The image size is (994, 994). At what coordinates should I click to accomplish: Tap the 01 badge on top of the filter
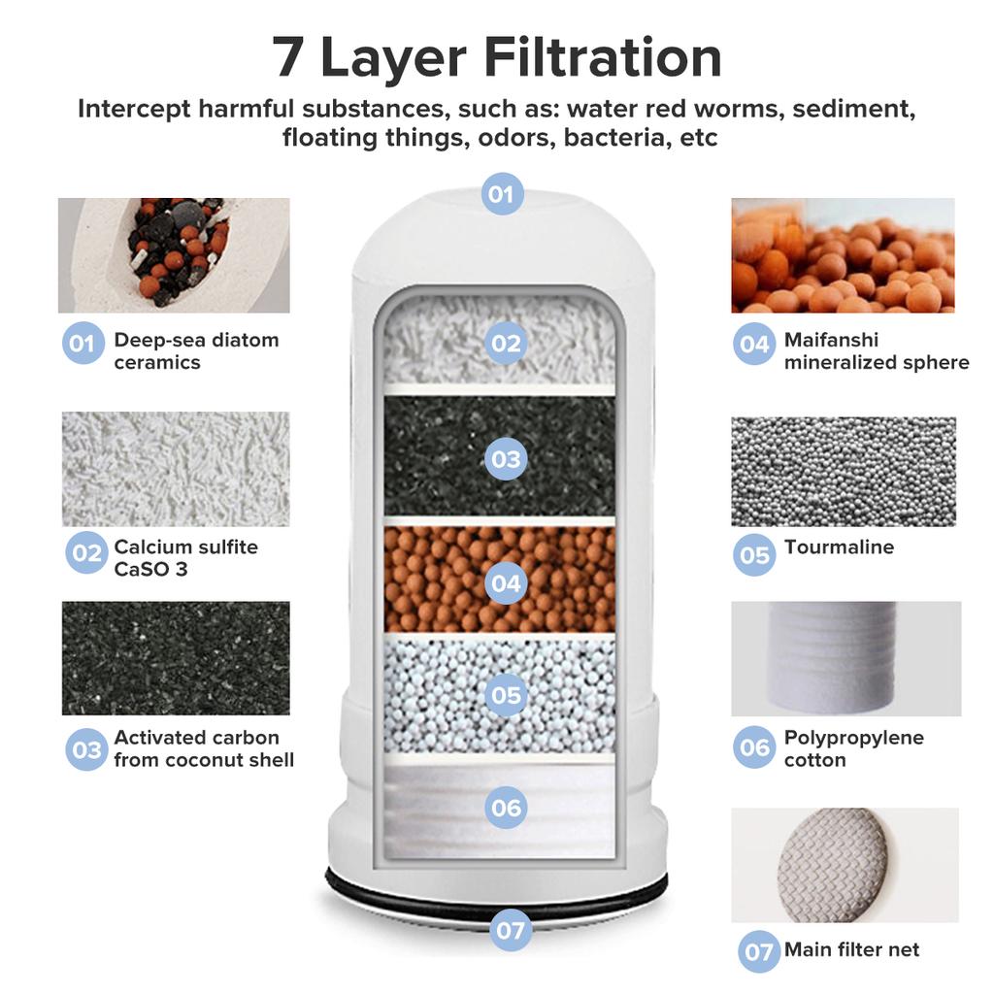(x=502, y=194)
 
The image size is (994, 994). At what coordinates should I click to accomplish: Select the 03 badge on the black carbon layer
(x=505, y=458)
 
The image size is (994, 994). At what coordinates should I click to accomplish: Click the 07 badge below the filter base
(x=511, y=930)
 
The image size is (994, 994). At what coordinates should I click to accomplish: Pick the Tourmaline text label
(x=839, y=547)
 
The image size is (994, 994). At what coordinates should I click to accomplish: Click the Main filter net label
(x=851, y=949)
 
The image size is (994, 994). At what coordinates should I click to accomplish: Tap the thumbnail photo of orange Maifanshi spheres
(x=843, y=255)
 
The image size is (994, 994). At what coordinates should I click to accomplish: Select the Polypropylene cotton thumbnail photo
(x=845, y=658)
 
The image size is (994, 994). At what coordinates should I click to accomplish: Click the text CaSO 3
(x=150, y=569)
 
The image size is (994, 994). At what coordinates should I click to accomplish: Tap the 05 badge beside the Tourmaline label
(x=754, y=555)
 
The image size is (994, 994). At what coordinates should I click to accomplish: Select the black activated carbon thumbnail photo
(x=176, y=658)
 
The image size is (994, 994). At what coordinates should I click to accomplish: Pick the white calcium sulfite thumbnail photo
(x=176, y=469)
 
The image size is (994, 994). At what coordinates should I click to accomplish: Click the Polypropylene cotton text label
(x=853, y=748)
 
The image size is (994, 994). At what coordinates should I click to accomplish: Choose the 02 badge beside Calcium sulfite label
(x=87, y=553)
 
